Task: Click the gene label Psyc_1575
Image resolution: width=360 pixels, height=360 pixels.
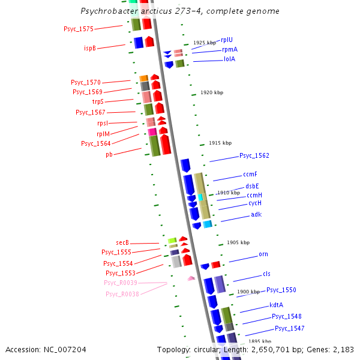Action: click(79, 29)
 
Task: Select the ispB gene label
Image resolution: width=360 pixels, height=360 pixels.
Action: click(90, 48)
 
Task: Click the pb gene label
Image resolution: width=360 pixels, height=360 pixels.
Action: click(109, 154)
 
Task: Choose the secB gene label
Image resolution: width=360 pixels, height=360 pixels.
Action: click(122, 242)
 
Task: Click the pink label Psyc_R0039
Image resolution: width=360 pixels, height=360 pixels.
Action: click(121, 283)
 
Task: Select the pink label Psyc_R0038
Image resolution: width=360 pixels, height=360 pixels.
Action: click(122, 294)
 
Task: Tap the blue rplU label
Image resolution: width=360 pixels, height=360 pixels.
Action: click(227, 40)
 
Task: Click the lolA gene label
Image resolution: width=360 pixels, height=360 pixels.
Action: click(229, 59)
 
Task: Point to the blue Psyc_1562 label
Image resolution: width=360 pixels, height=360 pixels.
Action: click(254, 155)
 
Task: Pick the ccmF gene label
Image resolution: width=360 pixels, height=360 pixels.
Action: click(250, 174)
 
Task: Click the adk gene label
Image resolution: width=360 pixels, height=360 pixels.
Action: click(256, 214)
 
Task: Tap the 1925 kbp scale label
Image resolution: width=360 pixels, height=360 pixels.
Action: click(205, 43)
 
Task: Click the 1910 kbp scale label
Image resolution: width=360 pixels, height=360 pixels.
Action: click(229, 193)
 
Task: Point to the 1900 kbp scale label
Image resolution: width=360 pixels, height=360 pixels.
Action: click(248, 292)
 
